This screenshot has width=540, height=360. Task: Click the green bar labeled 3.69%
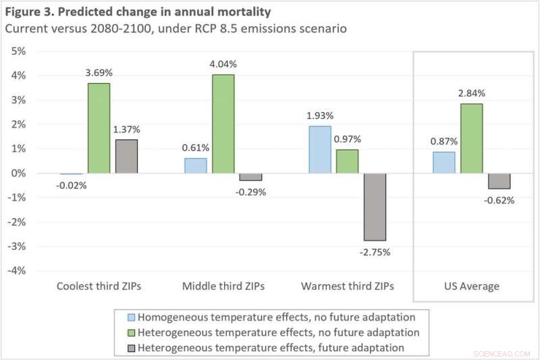click(x=99, y=128)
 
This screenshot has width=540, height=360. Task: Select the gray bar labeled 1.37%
click(x=126, y=157)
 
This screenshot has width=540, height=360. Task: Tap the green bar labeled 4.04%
click(x=223, y=124)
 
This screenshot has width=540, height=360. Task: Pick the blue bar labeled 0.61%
click(x=196, y=166)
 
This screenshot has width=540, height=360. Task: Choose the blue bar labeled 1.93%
click(x=319, y=150)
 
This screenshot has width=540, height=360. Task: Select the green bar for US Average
click(x=471, y=138)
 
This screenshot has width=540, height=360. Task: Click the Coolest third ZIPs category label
click(x=99, y=286)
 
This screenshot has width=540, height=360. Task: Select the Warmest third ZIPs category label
click(x=347, y=286)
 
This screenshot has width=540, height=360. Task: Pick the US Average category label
click(x=471, y=286)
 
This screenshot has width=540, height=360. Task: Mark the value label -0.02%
click(x=72, y=185)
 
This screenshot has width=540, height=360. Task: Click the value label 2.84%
click(x=471, y=93)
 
